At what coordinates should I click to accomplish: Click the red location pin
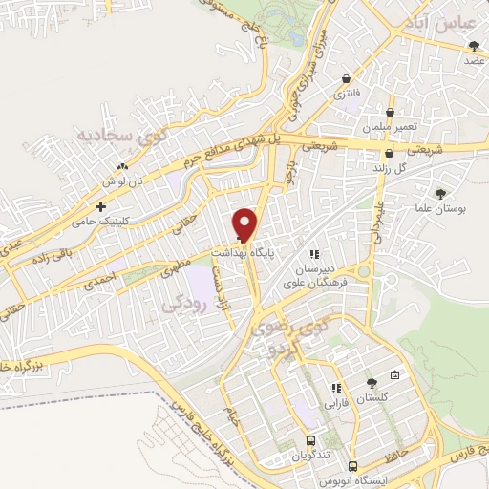245,224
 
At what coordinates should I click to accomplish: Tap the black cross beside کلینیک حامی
100,206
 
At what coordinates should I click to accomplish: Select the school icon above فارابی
335,389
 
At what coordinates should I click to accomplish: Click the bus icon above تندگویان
311,440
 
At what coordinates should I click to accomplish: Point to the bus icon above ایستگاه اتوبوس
353,467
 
